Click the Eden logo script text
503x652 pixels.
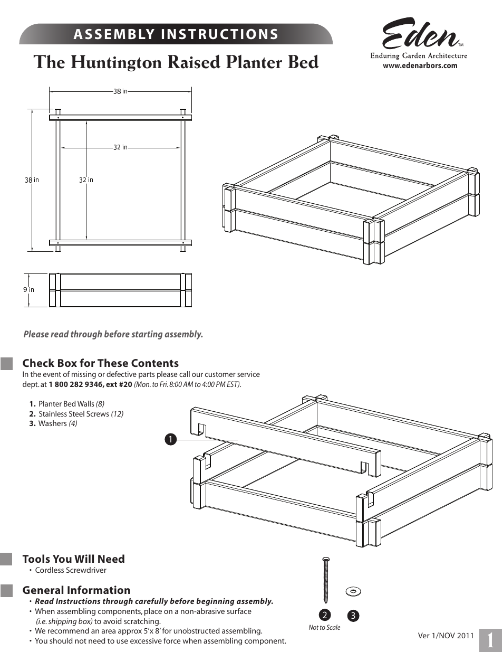pyautogui.click(x=420, y=35)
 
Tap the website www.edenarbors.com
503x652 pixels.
pyautogui.click(x=420, y=66)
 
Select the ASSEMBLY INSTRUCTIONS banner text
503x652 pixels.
pyautogui.click(x=176, y=34)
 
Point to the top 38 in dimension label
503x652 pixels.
pyautogui.click(x=120, y=92)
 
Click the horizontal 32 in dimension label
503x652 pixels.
pyautogui.click(x=120, y=147)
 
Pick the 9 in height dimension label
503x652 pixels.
pyautogui.click(x=28, y=290)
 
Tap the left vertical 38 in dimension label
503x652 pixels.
pyautogui.click(x=32, y=180)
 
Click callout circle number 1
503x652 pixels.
pyautogui.click(x=170, y=439)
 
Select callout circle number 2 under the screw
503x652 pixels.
pyautogui.click(x=325, y=615)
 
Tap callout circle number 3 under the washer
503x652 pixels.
pyautogui.click(x=353, y=616)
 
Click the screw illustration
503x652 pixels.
pyautogui.click(x=325, y=580)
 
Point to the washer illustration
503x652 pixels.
pyautogui.click(x=353, y=591)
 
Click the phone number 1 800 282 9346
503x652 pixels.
pyautogui.click(x=76, y=384)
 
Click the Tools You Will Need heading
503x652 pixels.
pyautogui.click(x=73, y=559)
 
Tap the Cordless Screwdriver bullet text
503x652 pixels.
pyautogui.click(x=71, y=570)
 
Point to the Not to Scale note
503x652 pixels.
pyautogui.click(x=324, y=628)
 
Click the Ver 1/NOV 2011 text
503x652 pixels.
pyautogui.click(x=446, y=636)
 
